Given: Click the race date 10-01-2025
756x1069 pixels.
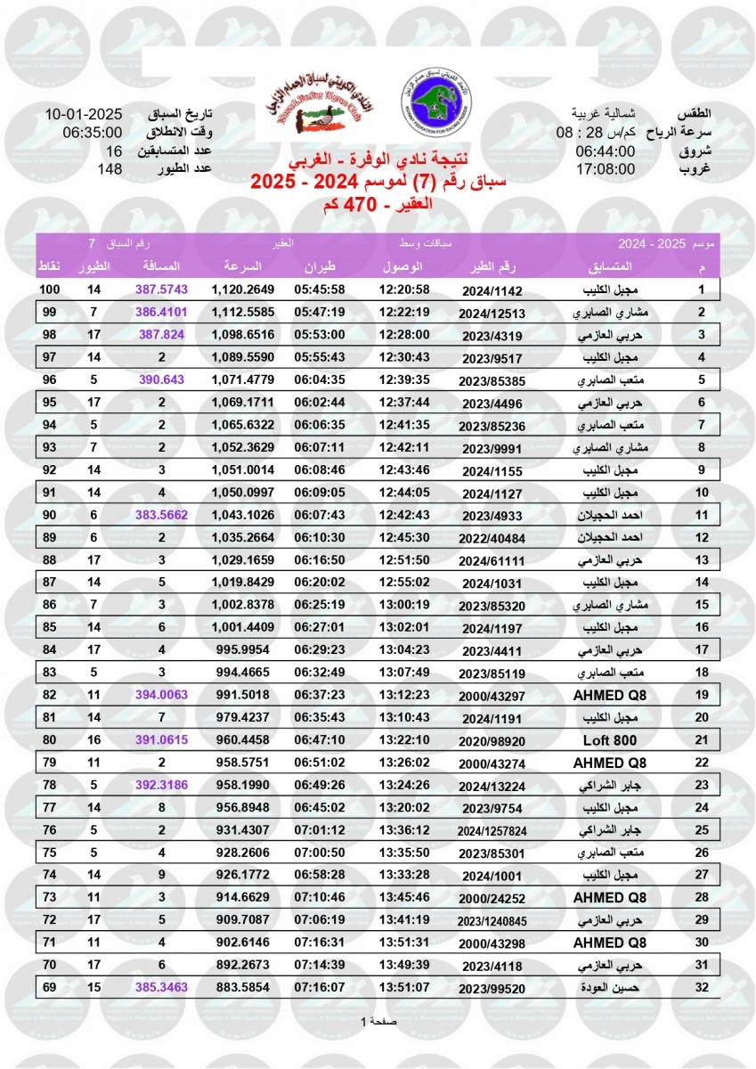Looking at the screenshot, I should pos(83,115).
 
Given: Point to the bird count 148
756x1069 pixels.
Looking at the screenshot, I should pos(109,168).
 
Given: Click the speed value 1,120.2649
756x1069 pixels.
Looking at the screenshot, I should pos(242,290).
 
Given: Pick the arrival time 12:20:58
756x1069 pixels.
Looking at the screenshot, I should pos(404,290).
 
